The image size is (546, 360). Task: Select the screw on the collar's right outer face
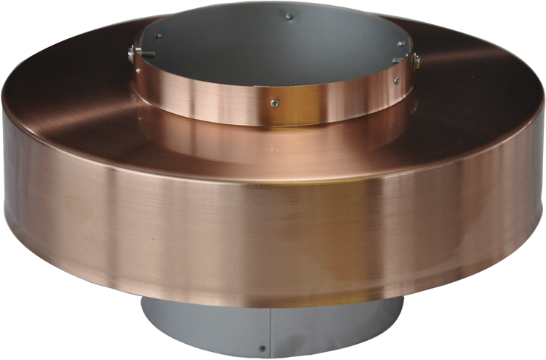click(x=397, y=80)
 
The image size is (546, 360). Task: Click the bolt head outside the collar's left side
click(x=131, y=51)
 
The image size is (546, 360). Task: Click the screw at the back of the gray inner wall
click(x=289, y=16)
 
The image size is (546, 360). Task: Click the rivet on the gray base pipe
click(x=262, y=348)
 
